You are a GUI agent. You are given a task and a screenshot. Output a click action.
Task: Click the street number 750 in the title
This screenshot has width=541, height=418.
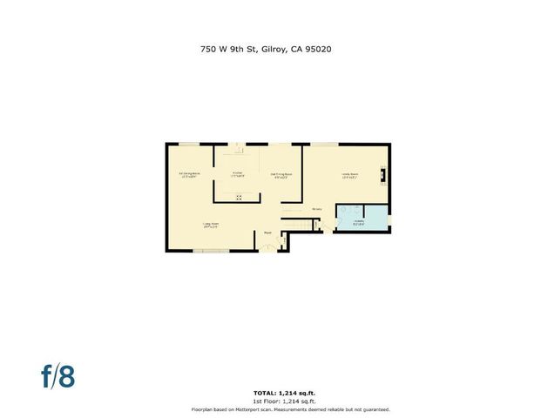(208, 50)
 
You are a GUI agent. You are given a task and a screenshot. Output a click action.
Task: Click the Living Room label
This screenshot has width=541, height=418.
(210, 225)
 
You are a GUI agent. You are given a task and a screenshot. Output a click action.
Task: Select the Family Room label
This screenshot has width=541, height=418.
(349, 173)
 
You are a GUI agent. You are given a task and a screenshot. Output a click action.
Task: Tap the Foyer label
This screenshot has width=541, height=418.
(268, 233)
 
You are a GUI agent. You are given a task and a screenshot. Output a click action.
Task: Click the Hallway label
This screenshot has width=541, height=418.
(317, 209)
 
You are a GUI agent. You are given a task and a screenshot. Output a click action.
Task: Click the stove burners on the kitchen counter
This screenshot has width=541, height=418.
(238, 195)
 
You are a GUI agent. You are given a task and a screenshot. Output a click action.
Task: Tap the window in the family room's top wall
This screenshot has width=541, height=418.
(325, 145)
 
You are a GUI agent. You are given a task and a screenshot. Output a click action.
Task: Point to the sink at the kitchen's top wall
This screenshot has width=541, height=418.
(238, 146)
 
